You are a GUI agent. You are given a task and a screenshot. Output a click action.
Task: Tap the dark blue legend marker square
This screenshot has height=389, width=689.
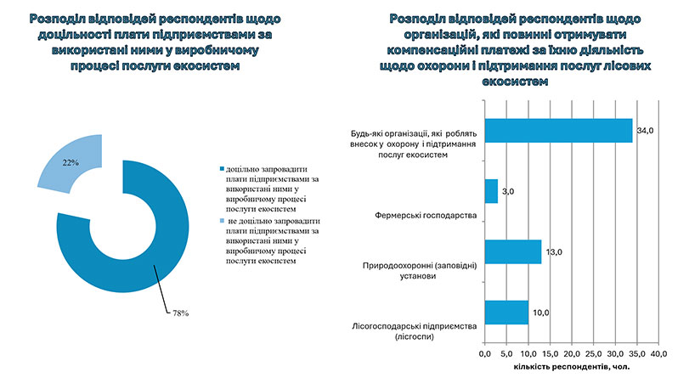pyautogui.click(x=222, y=170)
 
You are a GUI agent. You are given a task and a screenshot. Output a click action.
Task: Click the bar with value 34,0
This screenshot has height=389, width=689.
pyautogui.click(x=558, y=130)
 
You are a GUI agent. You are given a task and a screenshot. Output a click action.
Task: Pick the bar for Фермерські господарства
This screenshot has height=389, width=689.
pyautogui.click(x=490, y=191)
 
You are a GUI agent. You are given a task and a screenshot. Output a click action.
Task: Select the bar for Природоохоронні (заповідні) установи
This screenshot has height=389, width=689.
pyautogui.click(x=512, y=252)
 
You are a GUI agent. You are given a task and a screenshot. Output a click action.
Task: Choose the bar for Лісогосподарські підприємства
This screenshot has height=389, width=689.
pyautogui.click(x=505, y=313)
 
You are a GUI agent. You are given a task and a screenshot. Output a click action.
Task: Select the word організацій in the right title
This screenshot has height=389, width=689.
pyautogui.click(x=426, y=35)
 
